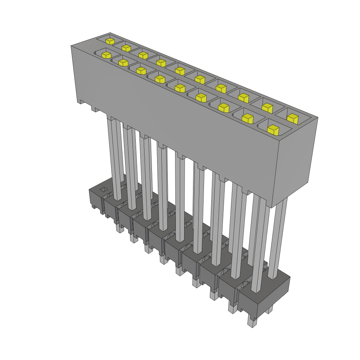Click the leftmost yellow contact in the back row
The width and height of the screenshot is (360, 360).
[x=110, y=41]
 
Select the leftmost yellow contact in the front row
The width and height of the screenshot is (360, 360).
[x=106, y=54]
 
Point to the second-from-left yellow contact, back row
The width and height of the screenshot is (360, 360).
[x=126, y=47]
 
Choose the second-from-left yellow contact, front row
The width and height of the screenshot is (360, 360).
[x=123, y=63]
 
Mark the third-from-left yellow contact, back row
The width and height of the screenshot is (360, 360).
[x=143, y=55]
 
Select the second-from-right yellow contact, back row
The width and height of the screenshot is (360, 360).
[x=268, y=108]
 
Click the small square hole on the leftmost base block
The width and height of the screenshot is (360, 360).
[x=103, y=190]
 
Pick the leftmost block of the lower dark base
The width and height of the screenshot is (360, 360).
[x=96, y=199]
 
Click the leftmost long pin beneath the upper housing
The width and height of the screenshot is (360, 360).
[x=116, y=158]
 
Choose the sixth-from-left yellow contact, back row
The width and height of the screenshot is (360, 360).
[x=200, y=79]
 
